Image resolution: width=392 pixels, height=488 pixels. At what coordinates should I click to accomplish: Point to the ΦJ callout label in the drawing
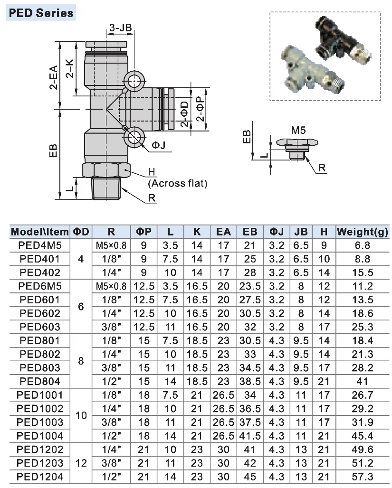[x=159, y=146]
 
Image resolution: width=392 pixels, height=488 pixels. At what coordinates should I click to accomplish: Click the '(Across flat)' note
[x=178, y=183]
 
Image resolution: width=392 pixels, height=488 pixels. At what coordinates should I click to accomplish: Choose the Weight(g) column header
[x=362, y=232]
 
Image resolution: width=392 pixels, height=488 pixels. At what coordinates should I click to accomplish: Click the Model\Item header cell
[x=40, y=232]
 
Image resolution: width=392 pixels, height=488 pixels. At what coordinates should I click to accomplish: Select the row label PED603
[x=40, y=327]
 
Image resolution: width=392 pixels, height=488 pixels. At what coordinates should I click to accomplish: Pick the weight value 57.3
[x=362, y=477]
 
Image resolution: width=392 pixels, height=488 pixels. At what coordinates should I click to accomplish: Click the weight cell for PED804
[x=362, y=381]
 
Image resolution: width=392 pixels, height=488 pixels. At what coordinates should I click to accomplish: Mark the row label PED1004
[x=40, y=436]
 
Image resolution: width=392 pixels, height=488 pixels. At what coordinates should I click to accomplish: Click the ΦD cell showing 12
[x=81, y=463]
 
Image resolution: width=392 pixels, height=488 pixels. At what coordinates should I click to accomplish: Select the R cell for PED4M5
[x=111, y=245]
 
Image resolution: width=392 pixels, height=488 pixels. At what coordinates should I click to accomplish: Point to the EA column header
[x=223, y=232]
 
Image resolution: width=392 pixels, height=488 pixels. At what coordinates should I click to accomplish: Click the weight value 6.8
[x=362, y=245]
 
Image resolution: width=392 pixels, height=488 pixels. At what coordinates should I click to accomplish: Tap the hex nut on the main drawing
[x=105, y=169]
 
